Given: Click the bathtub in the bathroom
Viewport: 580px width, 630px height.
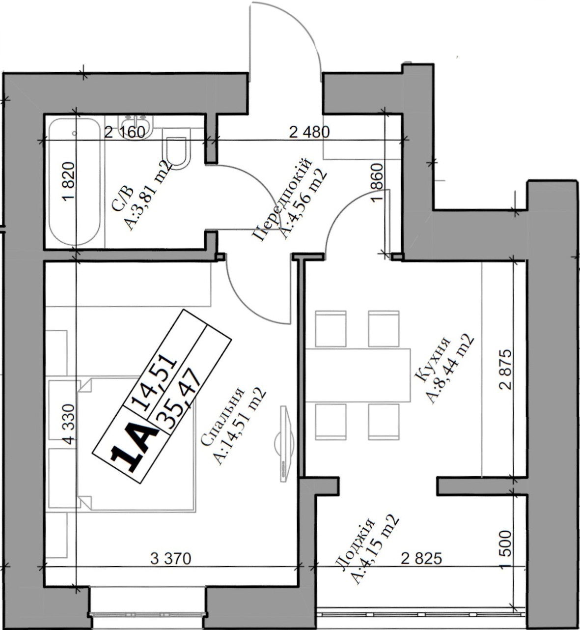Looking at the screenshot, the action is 75,182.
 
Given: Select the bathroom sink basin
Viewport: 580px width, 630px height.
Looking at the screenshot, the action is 136,127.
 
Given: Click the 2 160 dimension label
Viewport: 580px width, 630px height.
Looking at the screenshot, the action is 125,132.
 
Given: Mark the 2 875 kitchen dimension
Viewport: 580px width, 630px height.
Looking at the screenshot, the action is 505,370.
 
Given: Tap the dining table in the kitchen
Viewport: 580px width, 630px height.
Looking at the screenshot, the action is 358,375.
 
